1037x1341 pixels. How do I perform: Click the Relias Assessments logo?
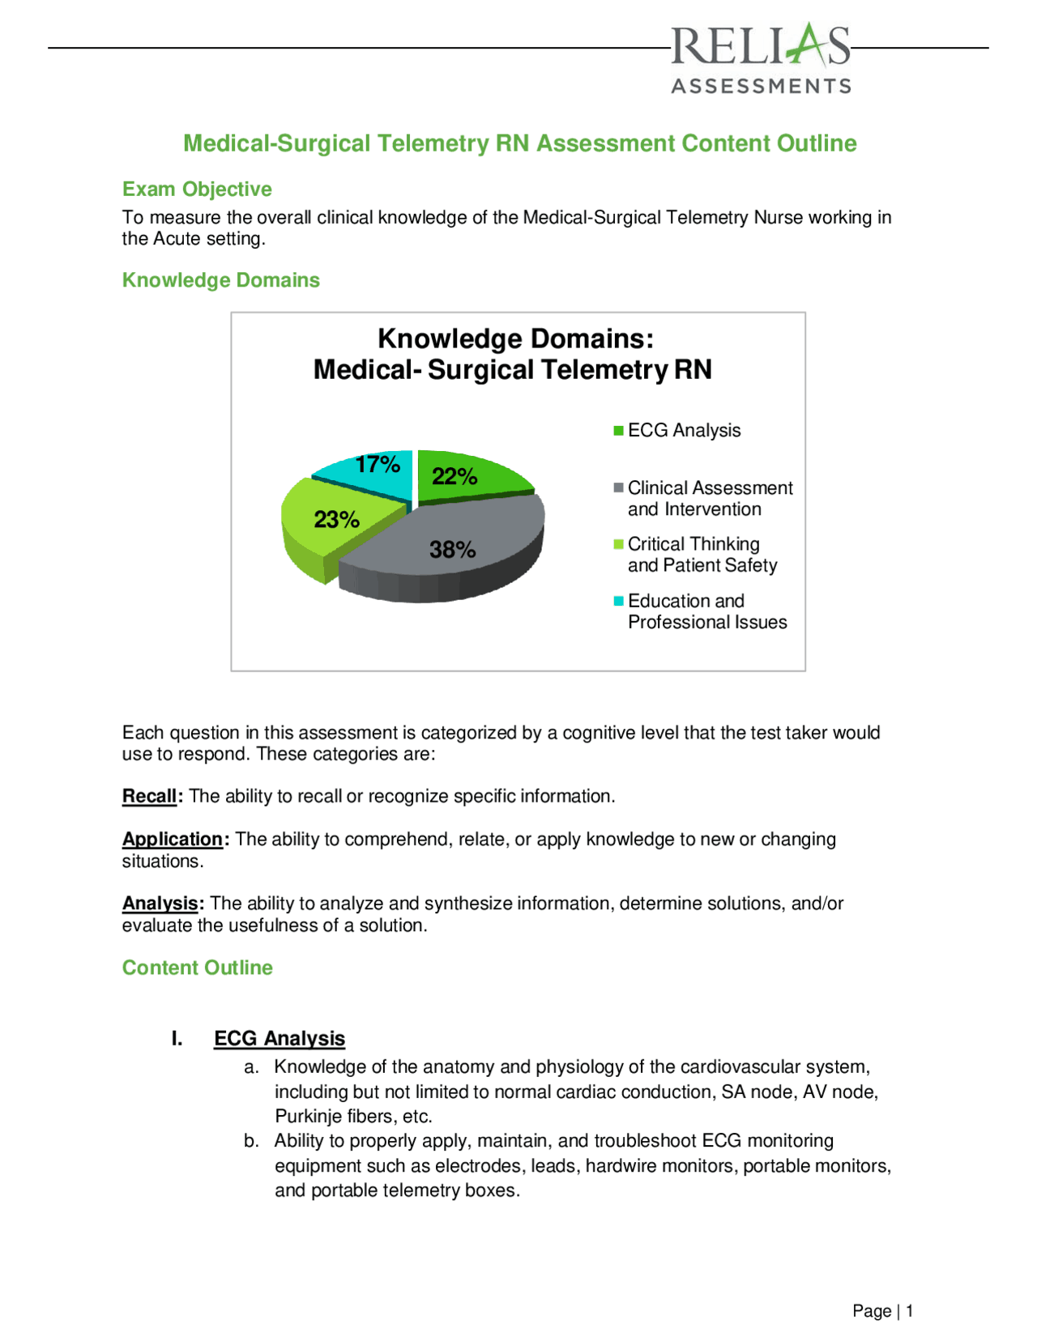(x=760, y=58)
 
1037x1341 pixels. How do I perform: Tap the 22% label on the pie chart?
(x=454, y=476)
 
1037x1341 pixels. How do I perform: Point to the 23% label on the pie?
(x=336, y=519)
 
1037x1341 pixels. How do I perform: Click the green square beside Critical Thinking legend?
(x=619, y=544)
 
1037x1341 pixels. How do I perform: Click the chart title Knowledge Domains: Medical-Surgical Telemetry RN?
(x=514, y=354)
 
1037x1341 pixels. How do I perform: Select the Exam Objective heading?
(x=197, y=189)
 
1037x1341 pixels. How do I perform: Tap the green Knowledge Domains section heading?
(x=220, y=280)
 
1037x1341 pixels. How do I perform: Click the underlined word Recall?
(x=149, y=797)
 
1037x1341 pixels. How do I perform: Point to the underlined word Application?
(x=172, y=840)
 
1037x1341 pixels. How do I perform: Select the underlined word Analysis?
(x=160, y=904)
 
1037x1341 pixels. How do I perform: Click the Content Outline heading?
(x=197, y=968)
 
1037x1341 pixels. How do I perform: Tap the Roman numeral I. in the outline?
(x=177, y=1039)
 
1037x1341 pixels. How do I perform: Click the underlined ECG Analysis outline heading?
(x=280, y=1039)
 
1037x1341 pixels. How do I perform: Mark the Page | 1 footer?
(x=882, y=1311)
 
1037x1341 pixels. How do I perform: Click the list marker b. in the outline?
(x=251, y=1141)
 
